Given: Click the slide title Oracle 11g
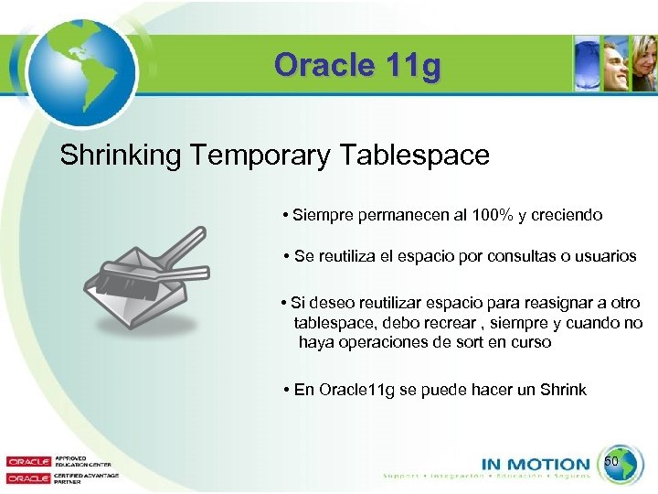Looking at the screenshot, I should (357, 66).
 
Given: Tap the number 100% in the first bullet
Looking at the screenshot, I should (493, 216).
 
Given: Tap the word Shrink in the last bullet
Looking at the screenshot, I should (563, 390).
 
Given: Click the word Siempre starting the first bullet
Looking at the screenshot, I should (322, 216).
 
